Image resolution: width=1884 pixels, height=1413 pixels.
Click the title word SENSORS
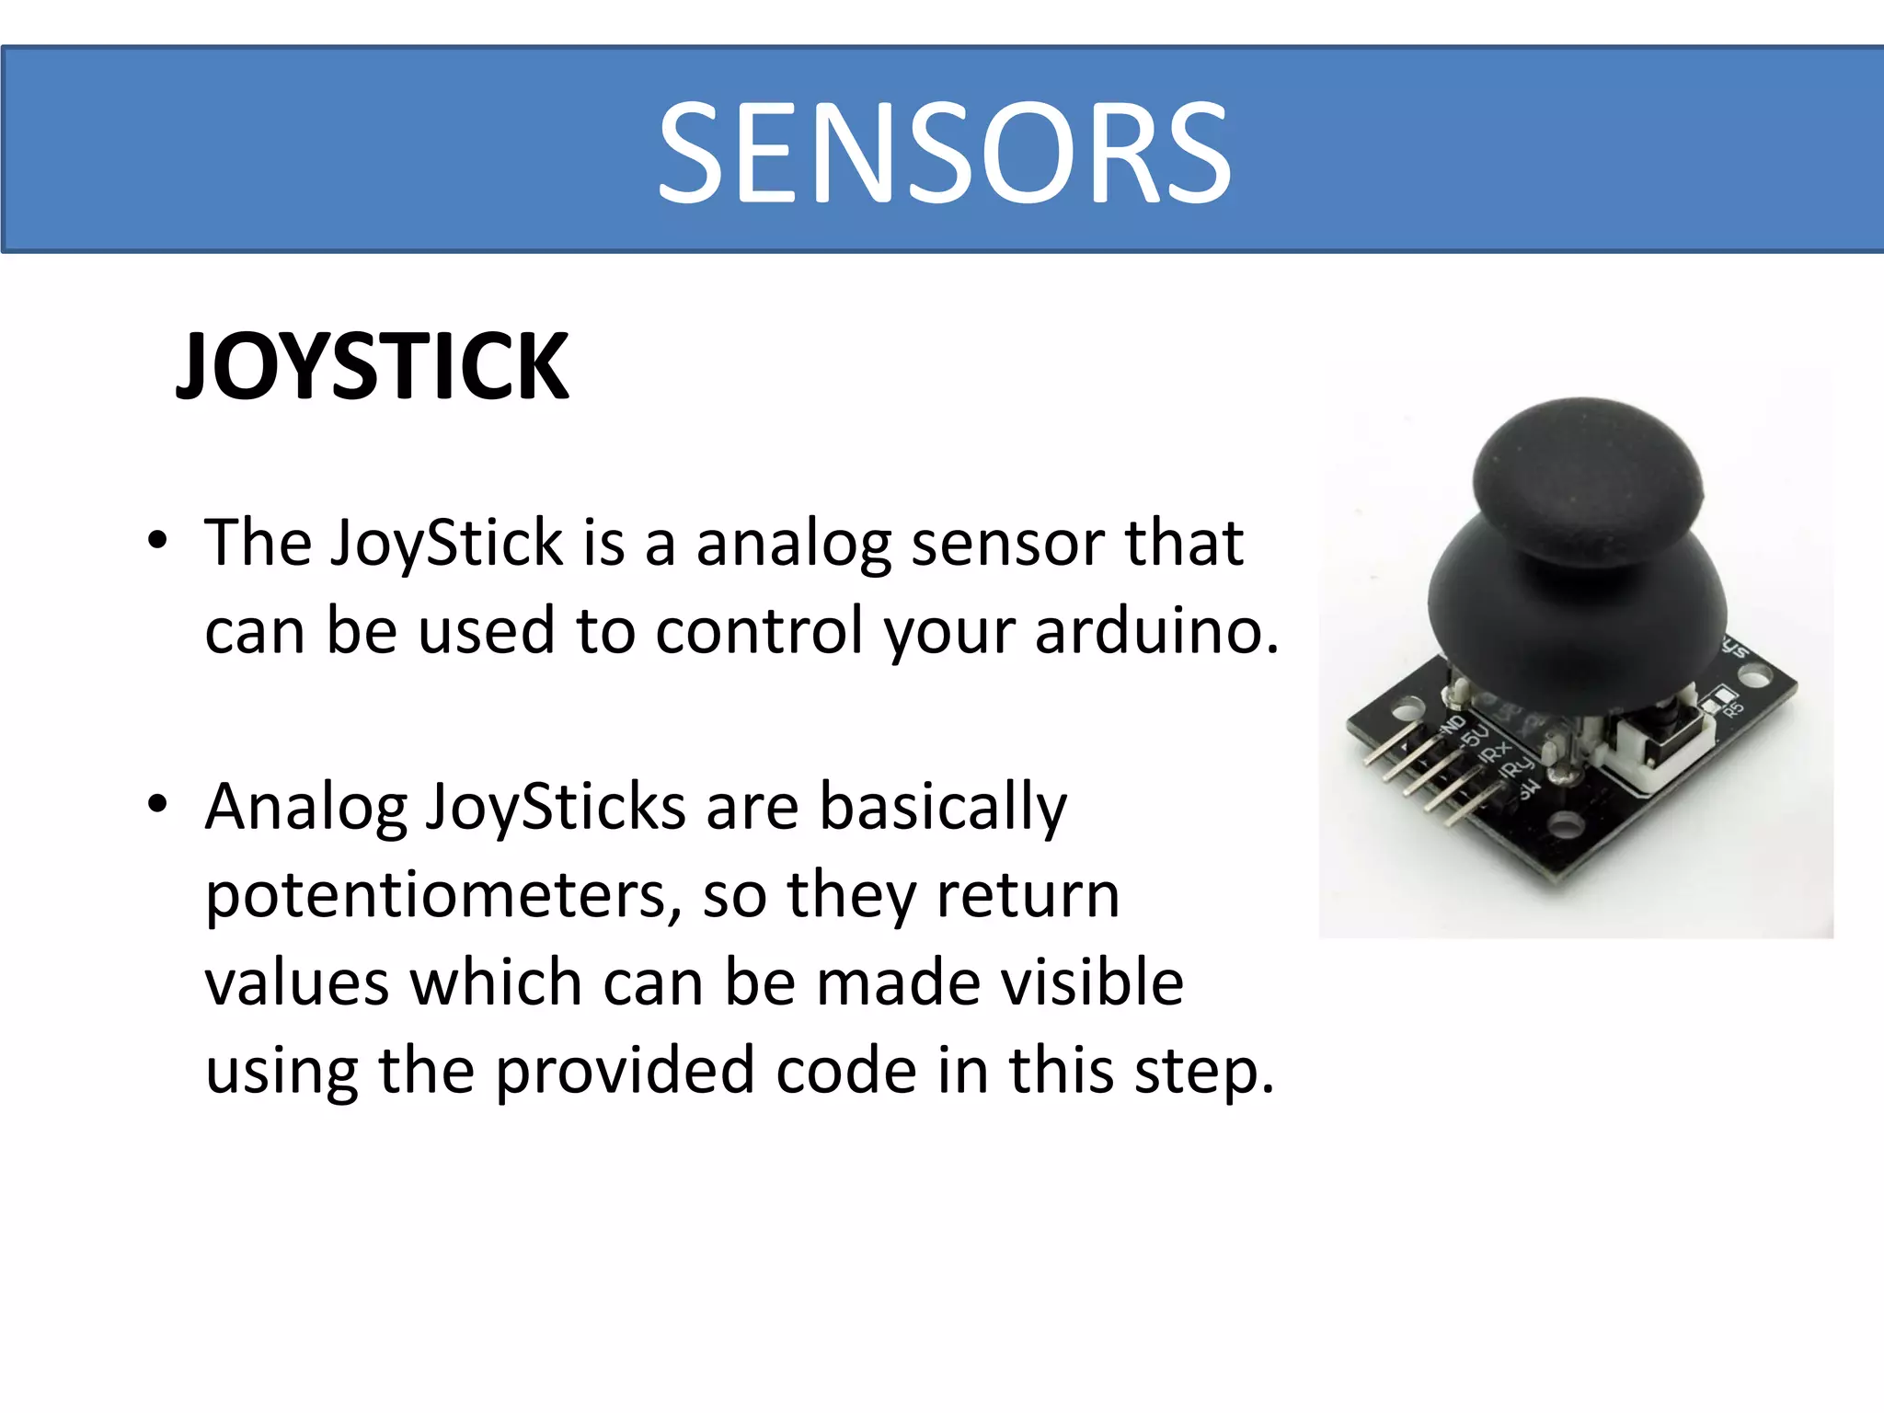[x=944, y=153]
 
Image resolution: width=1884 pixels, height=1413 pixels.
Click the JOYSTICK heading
[x=373, y=367]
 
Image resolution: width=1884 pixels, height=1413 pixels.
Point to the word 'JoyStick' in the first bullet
[x=446, y=543]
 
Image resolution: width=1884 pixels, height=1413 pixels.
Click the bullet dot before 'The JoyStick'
[x=158, y=541]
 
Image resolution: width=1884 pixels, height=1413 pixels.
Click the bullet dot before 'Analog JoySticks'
[x=158, y=805]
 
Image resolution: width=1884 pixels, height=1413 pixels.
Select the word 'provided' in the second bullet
[x=625, y=1073]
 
